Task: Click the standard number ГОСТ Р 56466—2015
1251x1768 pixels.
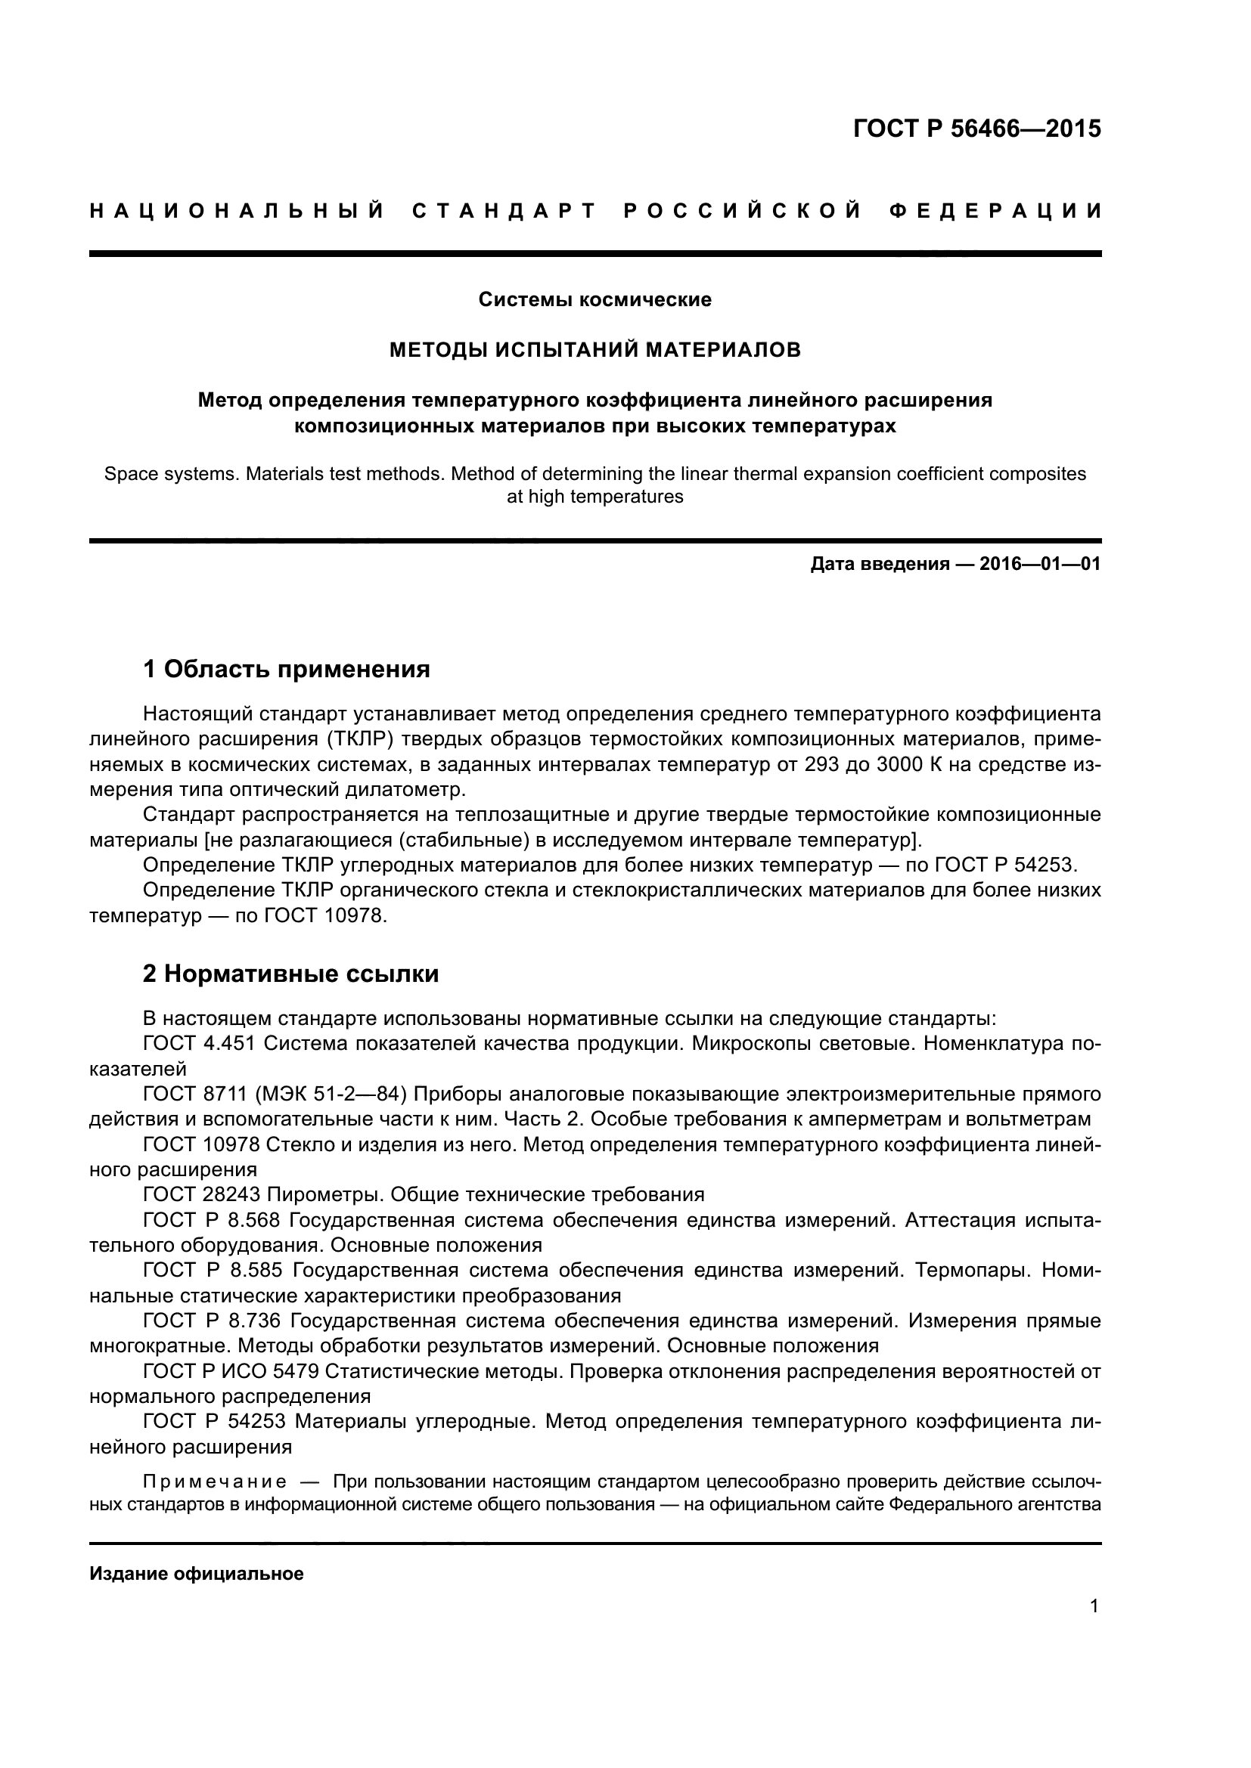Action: point(976,128)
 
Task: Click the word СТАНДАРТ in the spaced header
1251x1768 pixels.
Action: point(504,211)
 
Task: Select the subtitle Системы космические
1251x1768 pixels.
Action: point(594,299)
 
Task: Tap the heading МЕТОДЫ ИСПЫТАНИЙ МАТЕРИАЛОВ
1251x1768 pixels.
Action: point(594,351)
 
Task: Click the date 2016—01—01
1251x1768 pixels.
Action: point(1040,565)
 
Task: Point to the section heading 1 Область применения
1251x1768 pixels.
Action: point(287,669)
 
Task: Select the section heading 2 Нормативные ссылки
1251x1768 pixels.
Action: point(291,974)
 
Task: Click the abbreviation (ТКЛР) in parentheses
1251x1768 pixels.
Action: point(361,739)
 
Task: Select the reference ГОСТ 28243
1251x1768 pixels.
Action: point(204,1195)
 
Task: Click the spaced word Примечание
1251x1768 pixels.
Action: point(215,1482)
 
